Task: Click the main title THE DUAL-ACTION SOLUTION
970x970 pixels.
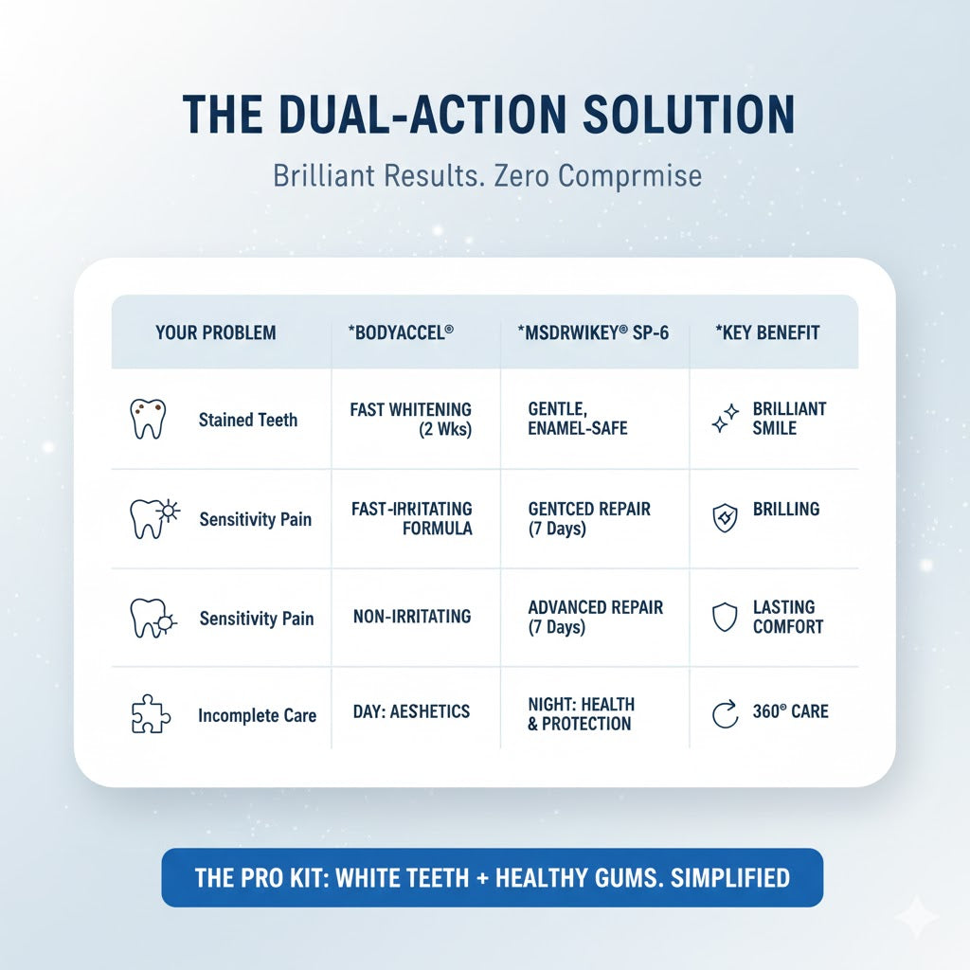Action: tap(489, 115)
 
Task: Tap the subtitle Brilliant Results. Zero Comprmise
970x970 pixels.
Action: tap(488, 175)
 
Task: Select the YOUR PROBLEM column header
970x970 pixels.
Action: tap(215, 332)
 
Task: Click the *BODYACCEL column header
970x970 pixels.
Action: tap(401, 332)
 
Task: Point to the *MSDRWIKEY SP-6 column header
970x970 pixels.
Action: tap(593, 332)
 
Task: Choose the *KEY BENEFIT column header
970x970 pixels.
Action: tap(767, 332)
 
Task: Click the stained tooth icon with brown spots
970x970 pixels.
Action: tap(148, 419)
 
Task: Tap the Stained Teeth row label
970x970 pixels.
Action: tap(248, 420)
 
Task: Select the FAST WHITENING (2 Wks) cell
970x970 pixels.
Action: tap(411, 419)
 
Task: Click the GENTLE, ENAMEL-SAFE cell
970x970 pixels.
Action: tap(577, 418)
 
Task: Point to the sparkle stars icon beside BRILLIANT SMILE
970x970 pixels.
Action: tap(725, 418)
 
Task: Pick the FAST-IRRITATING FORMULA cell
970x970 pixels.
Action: tap(411, 518)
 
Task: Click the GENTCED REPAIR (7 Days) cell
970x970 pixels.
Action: tap(589, 518)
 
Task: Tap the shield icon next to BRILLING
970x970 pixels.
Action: tap(725, 517)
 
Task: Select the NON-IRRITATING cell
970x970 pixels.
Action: tap(412, 616)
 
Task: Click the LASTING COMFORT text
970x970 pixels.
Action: tap(787, 617)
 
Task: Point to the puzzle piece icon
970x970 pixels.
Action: tap(151, 714)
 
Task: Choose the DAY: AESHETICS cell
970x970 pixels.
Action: tap(411, 711)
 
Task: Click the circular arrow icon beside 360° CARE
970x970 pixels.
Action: tap(725, 714)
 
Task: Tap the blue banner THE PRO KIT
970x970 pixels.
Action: tap(493, 877)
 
